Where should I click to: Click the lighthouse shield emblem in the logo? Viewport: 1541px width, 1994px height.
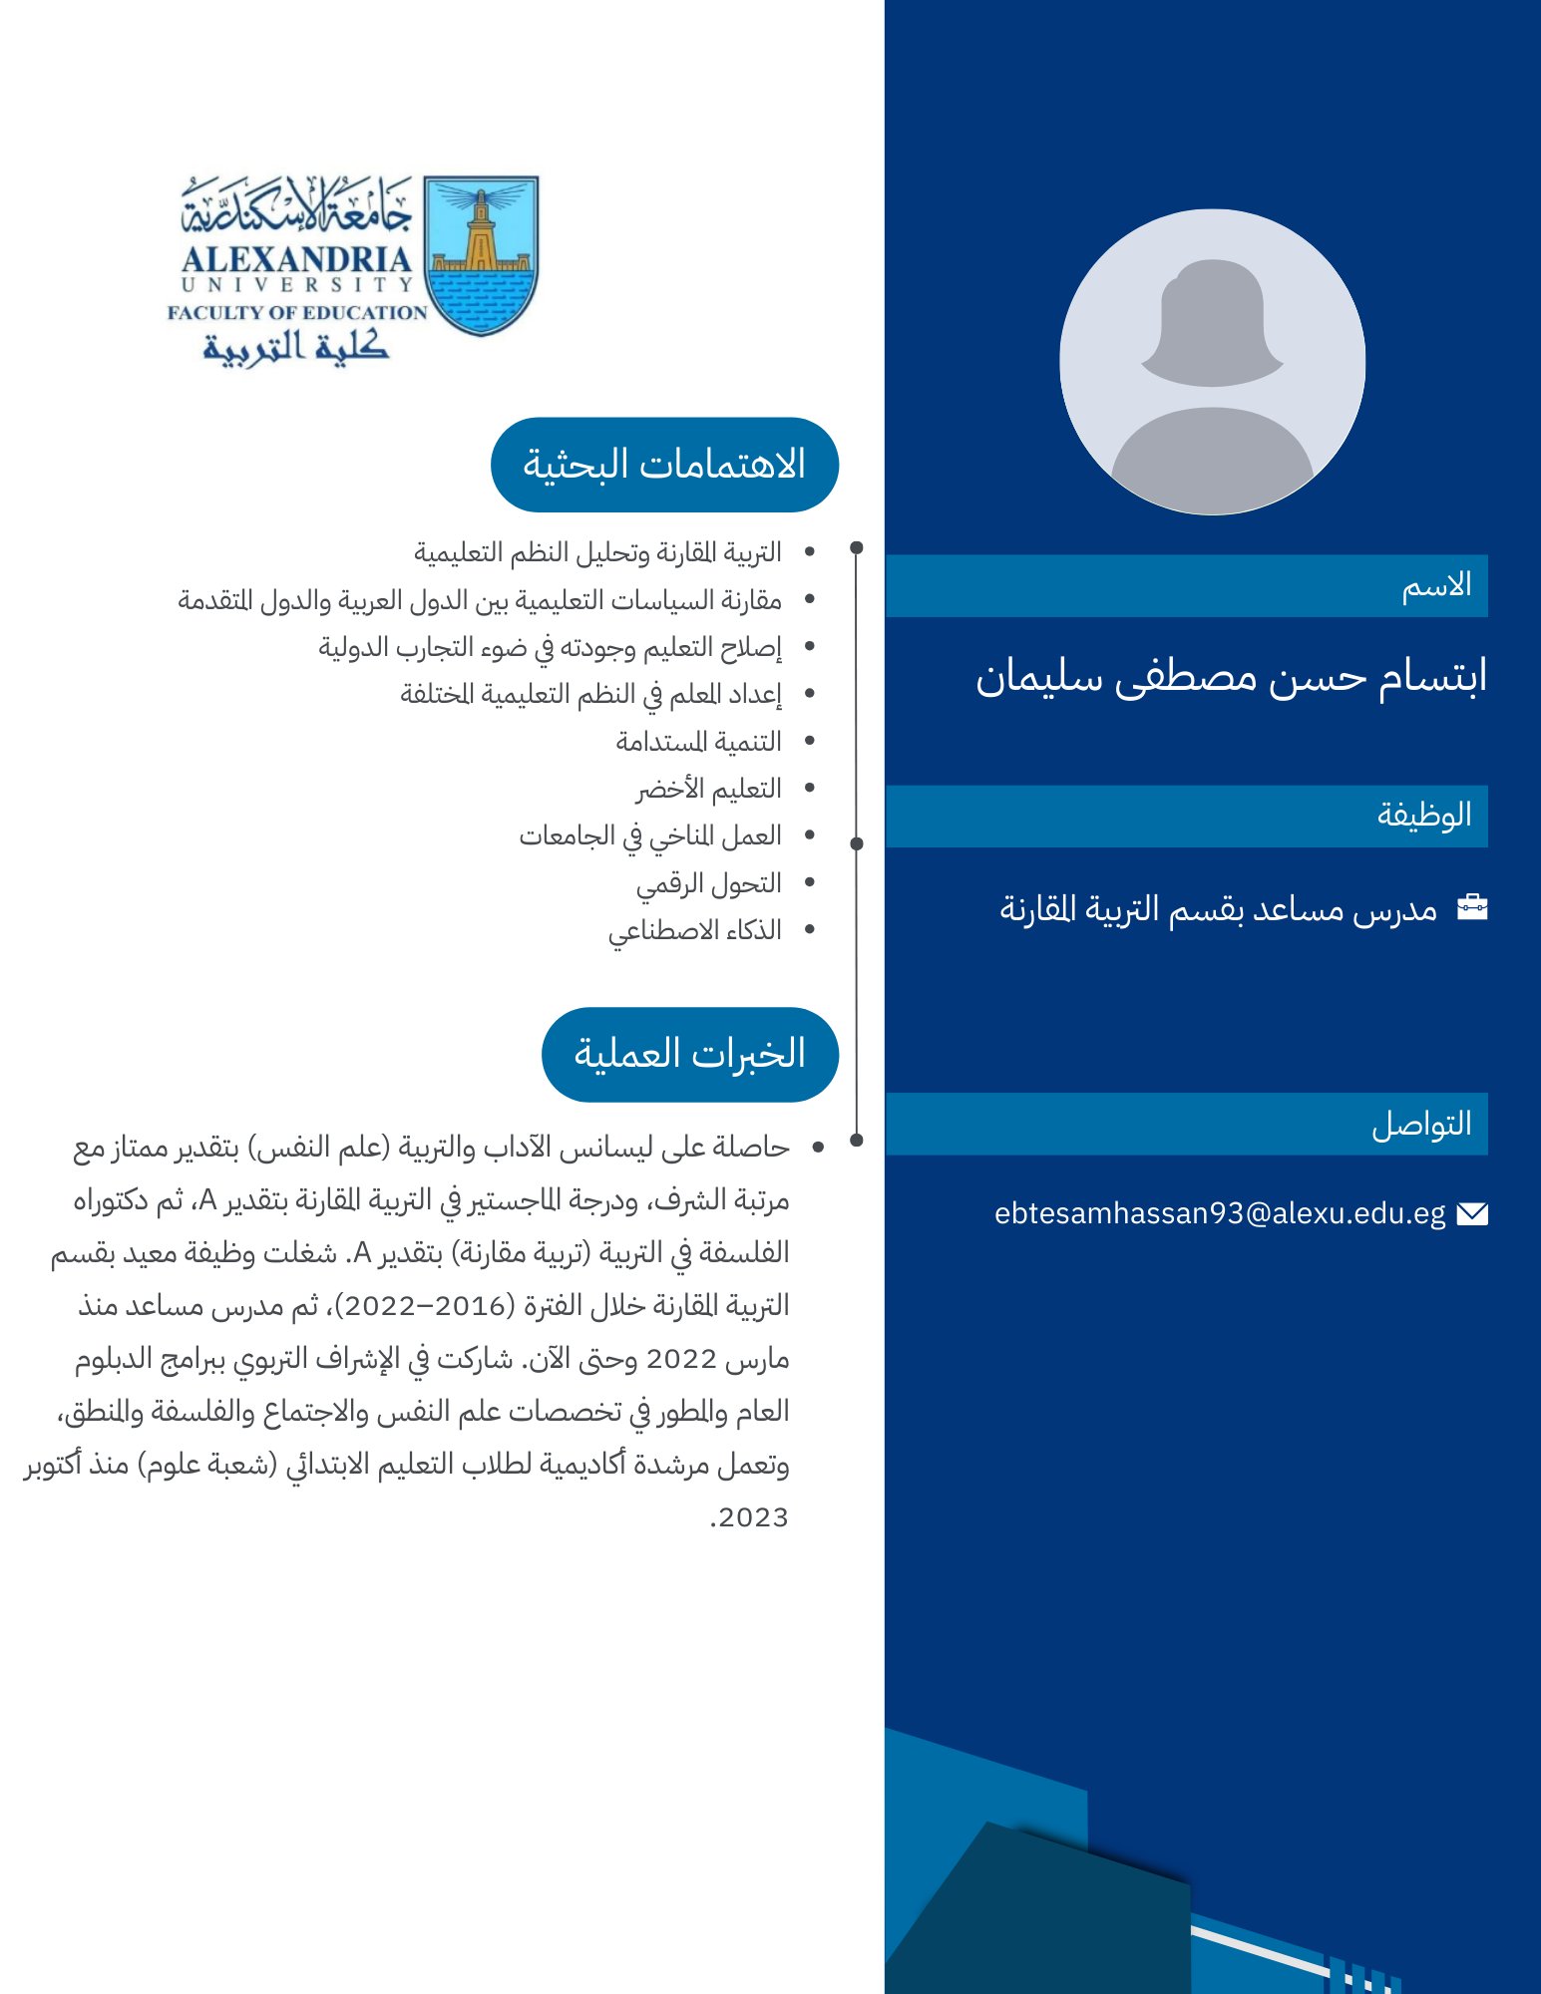pos(481,255)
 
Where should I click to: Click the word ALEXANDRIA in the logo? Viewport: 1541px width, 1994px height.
pos(296,259)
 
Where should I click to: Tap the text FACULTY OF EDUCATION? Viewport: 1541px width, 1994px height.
pos(296,312)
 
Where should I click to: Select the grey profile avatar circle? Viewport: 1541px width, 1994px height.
pos(1212,362)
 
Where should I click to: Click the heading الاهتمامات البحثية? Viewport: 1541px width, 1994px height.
pos(664,465)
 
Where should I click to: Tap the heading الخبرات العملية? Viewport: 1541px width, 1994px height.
pos(689,1054)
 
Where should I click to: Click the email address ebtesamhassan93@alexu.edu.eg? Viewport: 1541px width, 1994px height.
pos(1219,1213)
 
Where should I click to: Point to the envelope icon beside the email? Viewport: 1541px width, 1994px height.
pos(1471,1213)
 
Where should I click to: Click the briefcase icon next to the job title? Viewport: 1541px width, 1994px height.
pos(1471,907)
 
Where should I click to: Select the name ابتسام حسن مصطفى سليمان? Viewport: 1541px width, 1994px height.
pos(1231,677)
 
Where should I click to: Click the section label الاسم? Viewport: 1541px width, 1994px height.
pos(1436,586)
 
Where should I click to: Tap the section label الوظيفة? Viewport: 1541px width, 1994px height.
pos(1424,816)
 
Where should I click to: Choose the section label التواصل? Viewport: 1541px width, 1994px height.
pos(1421,1125)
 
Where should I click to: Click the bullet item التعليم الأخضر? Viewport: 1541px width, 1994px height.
pos(708,789)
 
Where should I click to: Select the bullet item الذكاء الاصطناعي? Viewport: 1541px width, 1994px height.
pos(694,930)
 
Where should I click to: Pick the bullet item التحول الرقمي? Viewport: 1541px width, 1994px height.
pos(708,883)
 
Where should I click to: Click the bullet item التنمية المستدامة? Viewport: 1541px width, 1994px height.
pos(698,742)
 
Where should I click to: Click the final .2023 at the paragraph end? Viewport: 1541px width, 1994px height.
pos(748,1517)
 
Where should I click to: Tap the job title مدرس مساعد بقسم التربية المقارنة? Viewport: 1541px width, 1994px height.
pos(1218,908)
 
